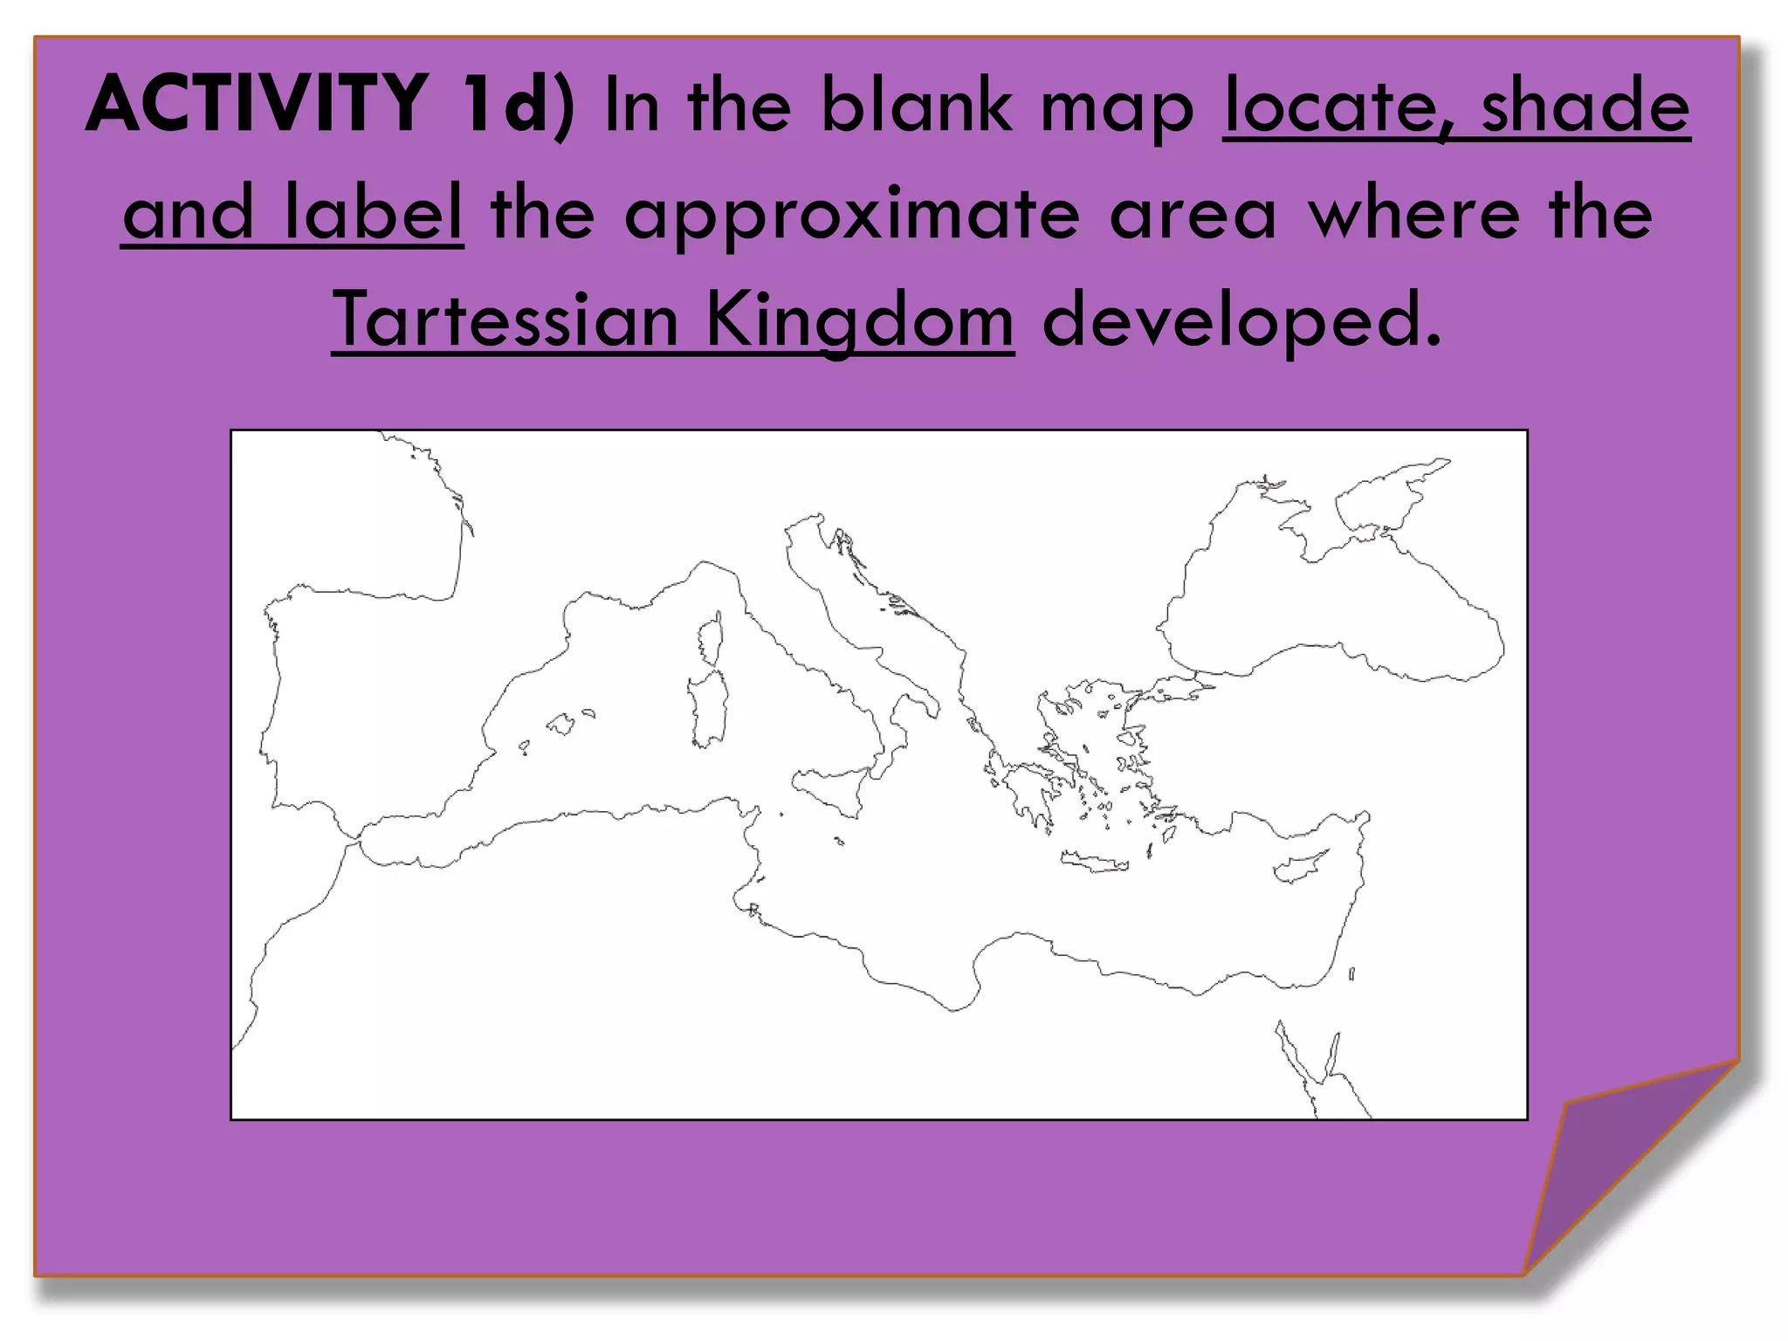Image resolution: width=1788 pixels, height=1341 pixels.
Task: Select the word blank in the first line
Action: tap(916, 105)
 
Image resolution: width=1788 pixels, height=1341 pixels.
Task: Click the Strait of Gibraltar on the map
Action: tap(354, 841)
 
